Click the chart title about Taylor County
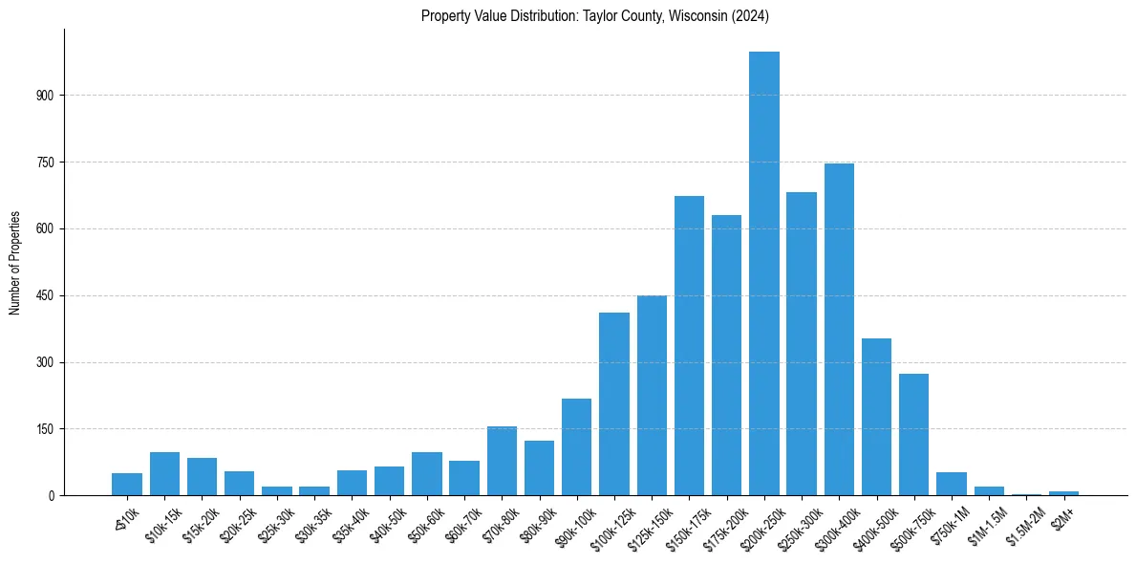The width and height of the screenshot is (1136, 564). click(x=594, y=16)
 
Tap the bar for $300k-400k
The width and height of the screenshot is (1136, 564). click(x=839, y=330)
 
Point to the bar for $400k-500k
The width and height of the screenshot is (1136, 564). click(x=876, y=417)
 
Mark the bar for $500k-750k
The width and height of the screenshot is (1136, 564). click(x=913, y=435)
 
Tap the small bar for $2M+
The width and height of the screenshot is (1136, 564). click(x=1063, y=493)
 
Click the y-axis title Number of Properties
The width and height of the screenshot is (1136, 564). click(x=14, y=263)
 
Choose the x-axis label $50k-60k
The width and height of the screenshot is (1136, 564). click(x=420, y=522)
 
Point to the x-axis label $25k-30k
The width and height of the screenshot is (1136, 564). click(x=270, y=522)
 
